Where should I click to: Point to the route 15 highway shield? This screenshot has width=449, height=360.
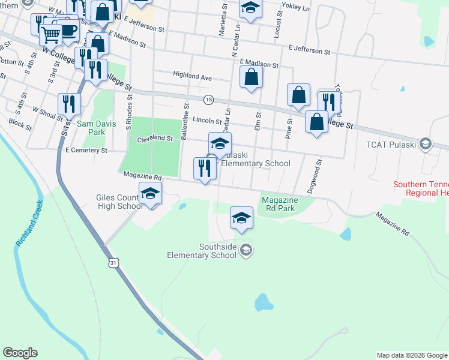pyautogui.click(x=208, y=99)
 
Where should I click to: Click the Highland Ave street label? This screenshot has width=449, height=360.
pyautogui.click(x=192, y=77)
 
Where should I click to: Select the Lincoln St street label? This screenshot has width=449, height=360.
pyautogui.click(x=207, y=121)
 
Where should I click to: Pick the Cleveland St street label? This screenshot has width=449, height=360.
pyautogui.click(x=155, y=139)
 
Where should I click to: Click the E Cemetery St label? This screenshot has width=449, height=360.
pyautogui.click(x=86, y=151)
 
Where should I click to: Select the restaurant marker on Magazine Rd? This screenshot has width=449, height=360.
pyautogui.click(x=205, y=168)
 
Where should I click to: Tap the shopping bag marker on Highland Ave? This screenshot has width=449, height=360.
pyautogui.click(x=251, y=77)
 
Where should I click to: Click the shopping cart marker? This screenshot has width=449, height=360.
pyautogui.click(x=50, y=35)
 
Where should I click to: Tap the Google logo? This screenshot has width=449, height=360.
pyautogui.click(x=20, y=353)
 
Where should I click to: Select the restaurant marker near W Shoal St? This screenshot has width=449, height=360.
pyautogui.click(x=69, y=104)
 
